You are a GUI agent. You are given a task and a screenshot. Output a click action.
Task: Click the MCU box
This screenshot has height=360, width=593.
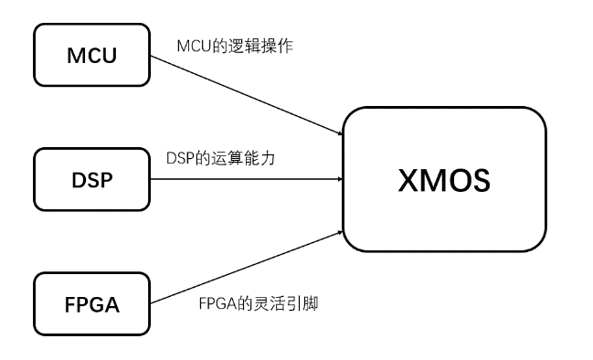point(92,55)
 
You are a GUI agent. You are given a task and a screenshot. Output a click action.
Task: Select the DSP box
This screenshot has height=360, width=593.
point(92,179)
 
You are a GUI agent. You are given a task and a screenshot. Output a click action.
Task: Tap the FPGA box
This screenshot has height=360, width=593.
point(92,302)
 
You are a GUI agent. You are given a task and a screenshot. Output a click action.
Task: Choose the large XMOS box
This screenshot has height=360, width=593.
point(444,180)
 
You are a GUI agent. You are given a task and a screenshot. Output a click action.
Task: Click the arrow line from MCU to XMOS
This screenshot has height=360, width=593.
point(247,94)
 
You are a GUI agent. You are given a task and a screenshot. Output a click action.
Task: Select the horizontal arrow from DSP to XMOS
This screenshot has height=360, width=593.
point(247,179)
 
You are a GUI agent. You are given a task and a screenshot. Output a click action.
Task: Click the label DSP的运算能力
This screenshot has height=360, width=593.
point(221,158)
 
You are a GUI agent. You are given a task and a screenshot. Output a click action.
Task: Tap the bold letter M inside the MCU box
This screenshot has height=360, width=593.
point(77,56)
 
